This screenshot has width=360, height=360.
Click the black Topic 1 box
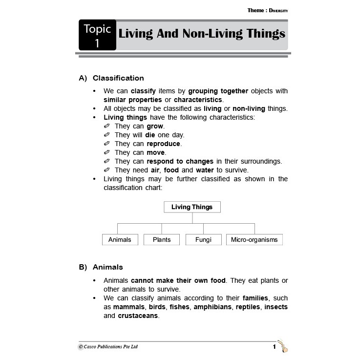[97, 35]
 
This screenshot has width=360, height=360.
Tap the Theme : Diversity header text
[267, 10]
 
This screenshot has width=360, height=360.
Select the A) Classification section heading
[111, 78]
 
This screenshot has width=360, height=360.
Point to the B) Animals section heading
[101, 267]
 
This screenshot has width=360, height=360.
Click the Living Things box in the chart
[191, 207]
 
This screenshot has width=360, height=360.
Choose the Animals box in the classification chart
[120, 240]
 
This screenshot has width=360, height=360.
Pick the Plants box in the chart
[162, 240]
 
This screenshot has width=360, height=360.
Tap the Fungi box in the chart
[204, 240]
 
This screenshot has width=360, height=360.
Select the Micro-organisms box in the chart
[254, 240]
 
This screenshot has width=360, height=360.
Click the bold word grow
[155, 126]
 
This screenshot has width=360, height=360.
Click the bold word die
[150, 135]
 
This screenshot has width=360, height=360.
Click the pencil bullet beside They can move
[107, 153]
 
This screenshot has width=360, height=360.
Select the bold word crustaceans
[138, 316]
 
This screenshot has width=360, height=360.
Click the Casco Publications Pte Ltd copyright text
[108, 347]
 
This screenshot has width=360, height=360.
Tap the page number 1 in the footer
[275, 347]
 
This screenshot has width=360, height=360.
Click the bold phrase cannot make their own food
[178, 280]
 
